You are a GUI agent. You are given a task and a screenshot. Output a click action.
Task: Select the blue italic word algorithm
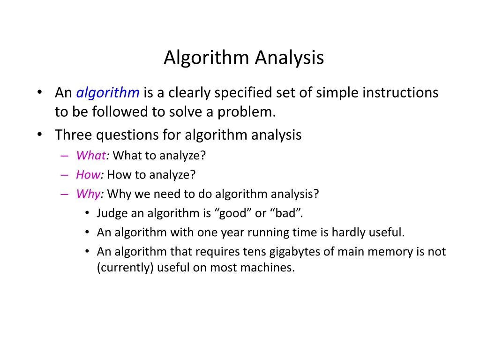point(108,93)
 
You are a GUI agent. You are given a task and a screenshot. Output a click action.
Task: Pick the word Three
point(73,135)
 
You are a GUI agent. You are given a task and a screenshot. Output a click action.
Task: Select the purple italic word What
point(91,156)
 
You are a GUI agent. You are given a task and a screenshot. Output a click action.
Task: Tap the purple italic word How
point(88,175)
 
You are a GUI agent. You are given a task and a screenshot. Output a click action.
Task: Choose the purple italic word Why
point(88,194)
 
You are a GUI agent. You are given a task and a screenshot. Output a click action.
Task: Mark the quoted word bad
point(286,213)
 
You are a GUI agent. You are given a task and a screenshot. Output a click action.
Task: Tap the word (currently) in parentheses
point(126,268)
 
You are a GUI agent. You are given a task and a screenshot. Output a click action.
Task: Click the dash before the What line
point(64,156)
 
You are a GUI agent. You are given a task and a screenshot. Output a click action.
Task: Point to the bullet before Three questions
point(40,135)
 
